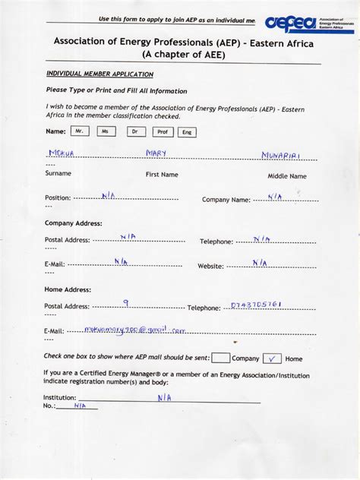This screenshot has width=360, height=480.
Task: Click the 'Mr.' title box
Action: click(x=80, y=131)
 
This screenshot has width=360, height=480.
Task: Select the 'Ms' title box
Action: click(x=106, y=131)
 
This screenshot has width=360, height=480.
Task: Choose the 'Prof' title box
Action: click(x=162, y=131)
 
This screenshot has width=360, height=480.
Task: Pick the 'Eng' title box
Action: click(x=186, y=132)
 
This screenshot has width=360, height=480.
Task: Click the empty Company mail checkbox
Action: click(x=221, y=358)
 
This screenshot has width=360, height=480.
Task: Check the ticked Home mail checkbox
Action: click(x=271, y=358)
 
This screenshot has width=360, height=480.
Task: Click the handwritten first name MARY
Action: click(x=156, y=153)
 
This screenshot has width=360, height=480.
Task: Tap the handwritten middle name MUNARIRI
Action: click(x=281, y=155)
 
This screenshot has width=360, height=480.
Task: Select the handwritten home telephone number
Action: click(x=256, y=305)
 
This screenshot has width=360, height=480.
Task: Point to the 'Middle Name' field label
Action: click(x=287, y=176)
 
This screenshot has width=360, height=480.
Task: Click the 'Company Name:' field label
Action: click(x=226, y=200)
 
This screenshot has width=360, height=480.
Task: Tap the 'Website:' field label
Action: click(x=210, y=266)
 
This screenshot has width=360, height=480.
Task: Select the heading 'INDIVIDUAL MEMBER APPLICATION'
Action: click(x=99, y=74)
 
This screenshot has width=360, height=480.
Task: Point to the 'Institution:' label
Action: click(x=60, y=397)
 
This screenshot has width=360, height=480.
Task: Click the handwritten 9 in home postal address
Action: click(x=125, y=302)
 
